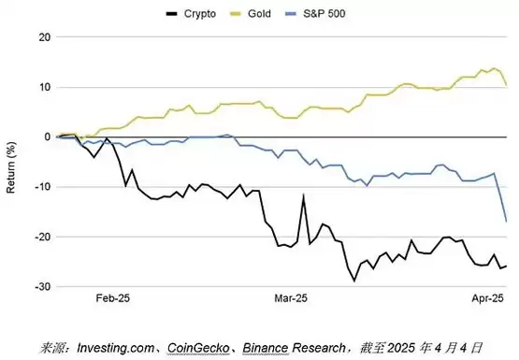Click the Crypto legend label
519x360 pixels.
point(200,14)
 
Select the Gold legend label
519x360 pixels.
point(259,14)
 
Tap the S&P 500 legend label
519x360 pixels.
point(324,14)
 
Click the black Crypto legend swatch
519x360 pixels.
point(172,14)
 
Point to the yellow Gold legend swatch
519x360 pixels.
point(236,14)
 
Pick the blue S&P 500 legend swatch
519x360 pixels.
point(290,14)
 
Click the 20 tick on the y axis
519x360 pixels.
point(45,37)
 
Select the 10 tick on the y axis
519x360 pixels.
point(45,87)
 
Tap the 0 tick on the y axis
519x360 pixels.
point(48,137)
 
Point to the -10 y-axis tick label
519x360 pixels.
point(43,187)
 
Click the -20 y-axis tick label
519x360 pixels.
point(43,237)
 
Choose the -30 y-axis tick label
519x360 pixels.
point(43,287)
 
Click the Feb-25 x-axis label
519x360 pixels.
point(113,298)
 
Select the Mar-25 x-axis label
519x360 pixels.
point(291,298)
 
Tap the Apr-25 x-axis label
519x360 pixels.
point(487,298)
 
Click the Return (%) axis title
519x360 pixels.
point(10,167)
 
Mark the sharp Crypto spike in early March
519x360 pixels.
point(303,195)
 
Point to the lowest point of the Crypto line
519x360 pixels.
point(354,281)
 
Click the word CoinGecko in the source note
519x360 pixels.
point(198,348)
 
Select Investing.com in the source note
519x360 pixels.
point(116,348)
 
